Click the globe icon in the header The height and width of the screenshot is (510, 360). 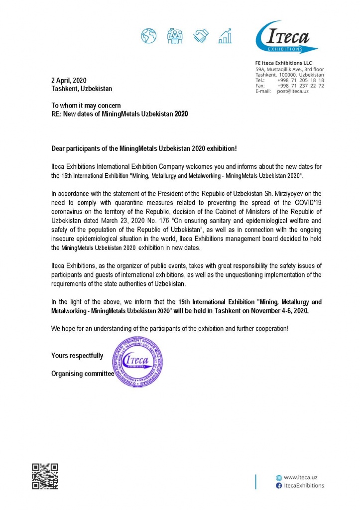148,36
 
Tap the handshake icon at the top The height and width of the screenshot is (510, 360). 201,36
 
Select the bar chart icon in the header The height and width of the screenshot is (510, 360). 227,35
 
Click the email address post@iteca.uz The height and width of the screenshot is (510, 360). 293,91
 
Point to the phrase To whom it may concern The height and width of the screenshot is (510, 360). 86,106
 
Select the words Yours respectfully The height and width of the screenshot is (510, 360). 77,356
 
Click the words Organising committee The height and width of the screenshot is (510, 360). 83,374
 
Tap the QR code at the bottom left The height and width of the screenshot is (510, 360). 45,476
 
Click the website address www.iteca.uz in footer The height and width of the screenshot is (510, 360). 300,477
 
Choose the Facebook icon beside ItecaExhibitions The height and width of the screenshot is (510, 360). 279,485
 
